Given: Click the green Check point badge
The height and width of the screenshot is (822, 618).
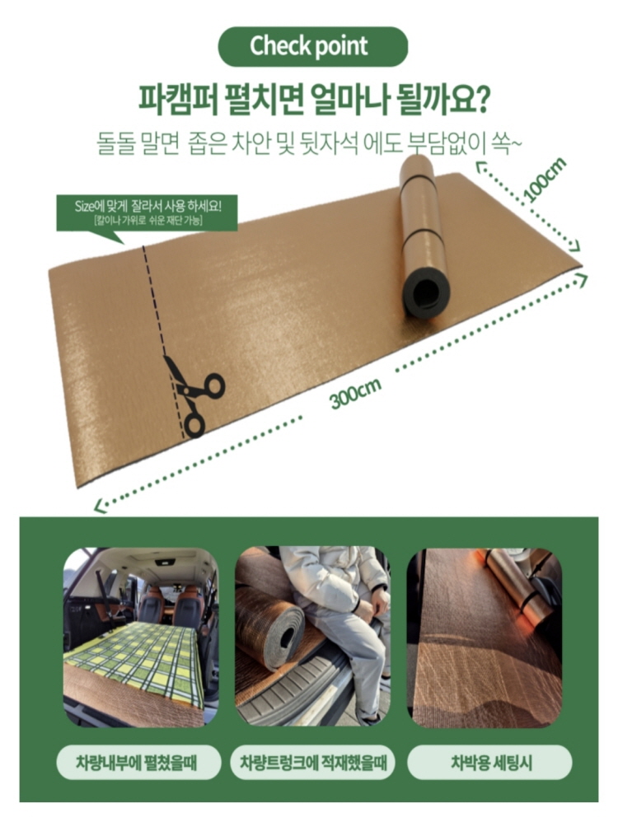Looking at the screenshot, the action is pyautogui.click(x=312, y=46).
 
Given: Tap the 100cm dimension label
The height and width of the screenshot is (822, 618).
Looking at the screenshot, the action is pyautogui.click(x=545, y=180).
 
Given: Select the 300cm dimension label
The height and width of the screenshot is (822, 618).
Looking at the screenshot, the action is pyautogui.click(x=355, y=393).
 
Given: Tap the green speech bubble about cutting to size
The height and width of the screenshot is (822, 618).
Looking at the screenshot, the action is pyautogui.click(x=147, y=215).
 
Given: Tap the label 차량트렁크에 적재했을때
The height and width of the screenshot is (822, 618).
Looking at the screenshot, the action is pyautogui.click(x=313, y=762).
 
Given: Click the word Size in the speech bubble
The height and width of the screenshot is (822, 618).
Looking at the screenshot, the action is pyautogui.click(x=83, y=206).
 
